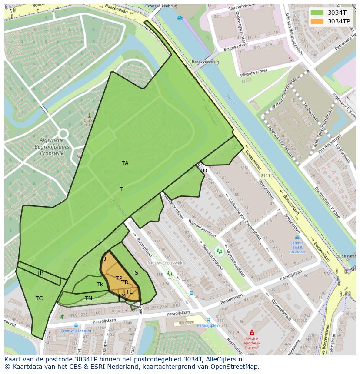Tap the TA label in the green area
coord(125,163)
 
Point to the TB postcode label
coord(40,273)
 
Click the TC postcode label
coord(39,298)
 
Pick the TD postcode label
coord(203,171)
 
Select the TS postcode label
coord(135,273)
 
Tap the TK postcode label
coord(100,285)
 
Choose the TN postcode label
coord(88,298)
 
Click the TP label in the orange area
coord(119,278)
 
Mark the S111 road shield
coord(266,175)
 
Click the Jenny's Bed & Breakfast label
coord(298,247)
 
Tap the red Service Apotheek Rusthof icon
coord(251,333)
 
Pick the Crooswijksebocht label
coord(76,331)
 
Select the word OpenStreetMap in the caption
coord(234,367)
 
